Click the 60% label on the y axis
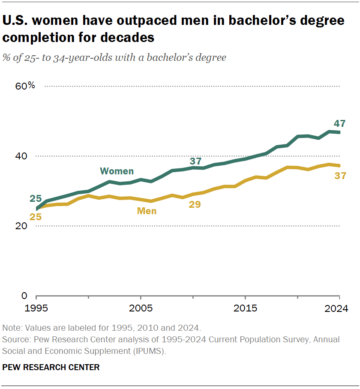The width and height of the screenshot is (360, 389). click(25, 86)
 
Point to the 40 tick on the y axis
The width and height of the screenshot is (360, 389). click(22, 156)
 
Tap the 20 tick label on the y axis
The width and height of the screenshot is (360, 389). click(22, 226)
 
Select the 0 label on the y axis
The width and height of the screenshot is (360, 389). click(24, 296)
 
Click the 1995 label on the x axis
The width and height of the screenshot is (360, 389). click(36, 308)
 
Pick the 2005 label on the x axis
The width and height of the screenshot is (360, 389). click(141, 308)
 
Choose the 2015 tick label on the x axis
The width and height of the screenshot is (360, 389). click(245, 308)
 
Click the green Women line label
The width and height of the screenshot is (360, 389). click(117, 171)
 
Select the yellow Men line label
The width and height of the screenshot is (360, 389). click(147, 211)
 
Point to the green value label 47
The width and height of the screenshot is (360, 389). click(339, 123)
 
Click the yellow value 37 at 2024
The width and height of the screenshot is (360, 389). click(340, 176)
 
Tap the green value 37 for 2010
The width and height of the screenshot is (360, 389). click(195, 161)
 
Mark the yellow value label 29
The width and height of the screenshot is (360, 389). click(195, 204)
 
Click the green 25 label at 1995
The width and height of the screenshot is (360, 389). click(35, 198)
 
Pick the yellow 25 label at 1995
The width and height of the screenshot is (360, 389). click(35, 217)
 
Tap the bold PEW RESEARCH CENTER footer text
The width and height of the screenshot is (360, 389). click(51, 367)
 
